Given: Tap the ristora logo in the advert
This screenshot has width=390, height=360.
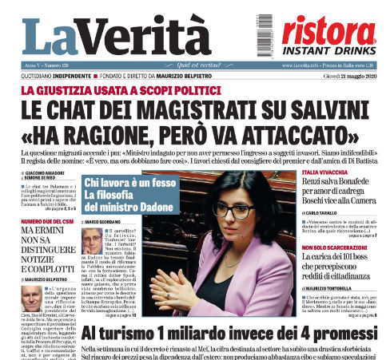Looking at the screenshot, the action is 329,28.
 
